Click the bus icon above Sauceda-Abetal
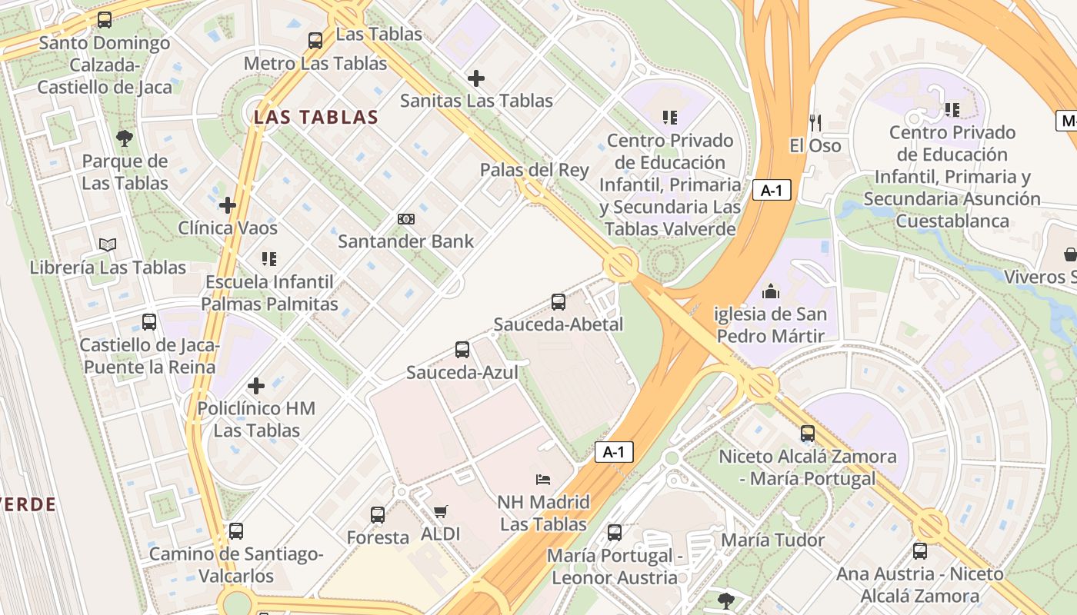coord(559,302)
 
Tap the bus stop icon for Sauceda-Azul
coord(462,350)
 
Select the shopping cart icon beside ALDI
coord(441,511)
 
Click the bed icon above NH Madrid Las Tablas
coord(543,480)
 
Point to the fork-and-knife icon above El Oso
coord(815,122)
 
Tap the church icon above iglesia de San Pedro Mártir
coord(770,291)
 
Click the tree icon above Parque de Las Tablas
coord(125,138)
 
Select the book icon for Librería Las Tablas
coord(108,245)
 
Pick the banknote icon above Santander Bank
coord(406,219)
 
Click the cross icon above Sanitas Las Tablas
coord(476,78)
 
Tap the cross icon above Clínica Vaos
coord(228,205)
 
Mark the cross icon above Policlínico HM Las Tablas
coord(256,385)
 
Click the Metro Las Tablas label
coord(315,63)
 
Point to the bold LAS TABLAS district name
coord(316,118)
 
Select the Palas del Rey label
coord(534,170)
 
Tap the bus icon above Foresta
coord(378,514)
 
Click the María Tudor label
coord(772,540)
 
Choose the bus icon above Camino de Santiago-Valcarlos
coord(236,531)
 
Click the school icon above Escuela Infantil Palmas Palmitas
coord(268,259)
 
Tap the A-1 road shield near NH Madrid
coord(614,452)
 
